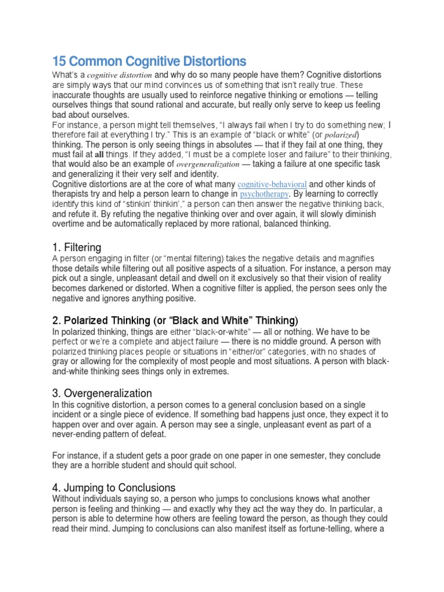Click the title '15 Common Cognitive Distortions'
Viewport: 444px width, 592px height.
coord(149,61)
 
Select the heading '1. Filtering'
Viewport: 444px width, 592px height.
coord(77,247)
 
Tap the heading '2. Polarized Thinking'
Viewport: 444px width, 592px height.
coord(175,320)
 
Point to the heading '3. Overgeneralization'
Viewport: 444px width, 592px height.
coord(102,393)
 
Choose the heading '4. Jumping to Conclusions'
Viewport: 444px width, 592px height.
coord(113,487)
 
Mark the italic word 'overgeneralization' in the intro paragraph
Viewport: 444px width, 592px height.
coord(206,164)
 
